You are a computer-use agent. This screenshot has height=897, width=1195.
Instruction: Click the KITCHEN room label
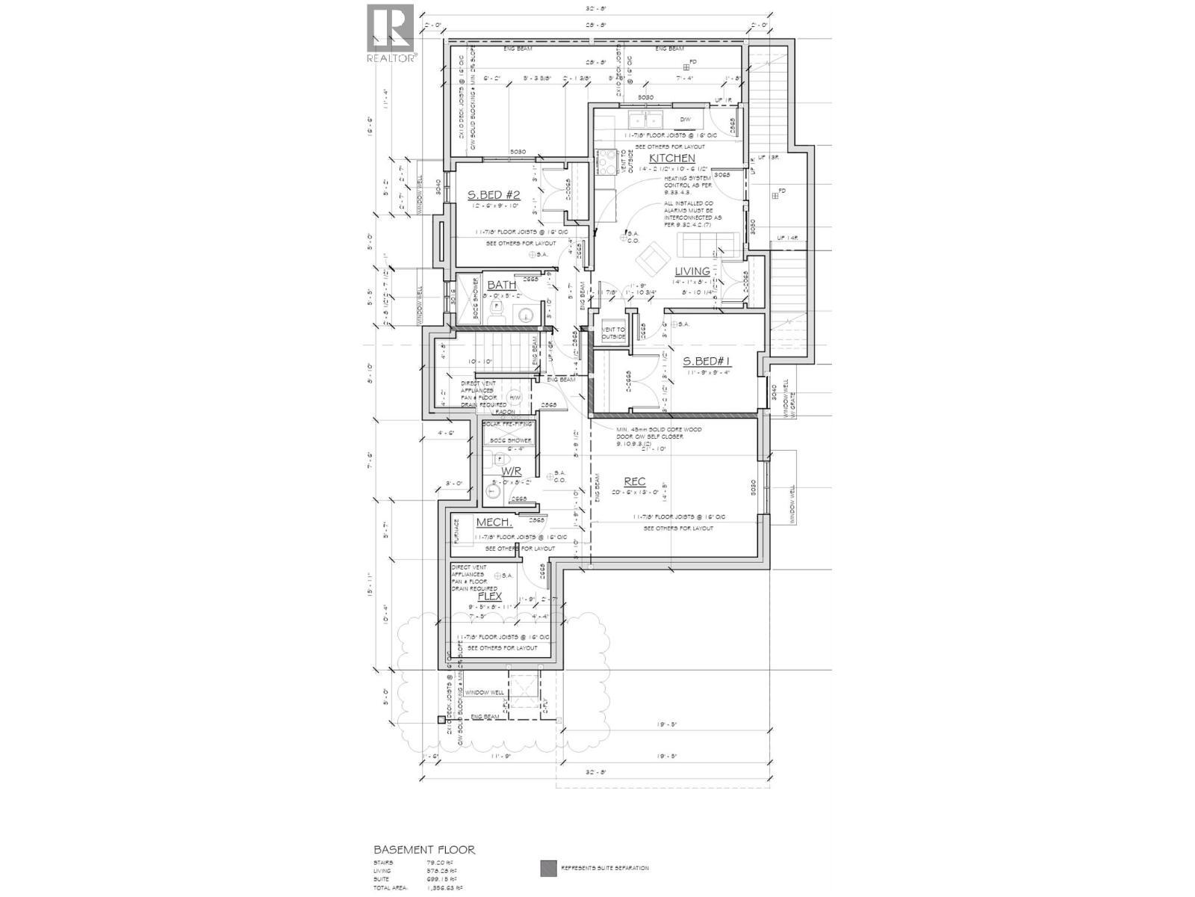(x=671, y=158)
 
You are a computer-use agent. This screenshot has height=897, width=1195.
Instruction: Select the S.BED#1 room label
(x=707, y=362)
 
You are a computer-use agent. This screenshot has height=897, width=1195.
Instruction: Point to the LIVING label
(x=692, y=271)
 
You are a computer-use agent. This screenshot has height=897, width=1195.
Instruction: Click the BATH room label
(x=501, y=286)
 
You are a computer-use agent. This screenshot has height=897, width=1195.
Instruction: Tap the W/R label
(x=511, y=472)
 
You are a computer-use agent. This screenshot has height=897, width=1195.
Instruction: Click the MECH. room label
(x=494, y=523)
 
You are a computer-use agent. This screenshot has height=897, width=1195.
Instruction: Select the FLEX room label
(x=489, y=597)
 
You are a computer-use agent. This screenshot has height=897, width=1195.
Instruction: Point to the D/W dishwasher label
(x=685, y=120)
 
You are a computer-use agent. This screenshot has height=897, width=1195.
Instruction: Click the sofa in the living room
(x=707, y=244)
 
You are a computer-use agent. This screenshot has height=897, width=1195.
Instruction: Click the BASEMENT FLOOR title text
(x=423, y=850)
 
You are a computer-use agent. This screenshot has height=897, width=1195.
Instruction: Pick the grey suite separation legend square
(x=548, y=868)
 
